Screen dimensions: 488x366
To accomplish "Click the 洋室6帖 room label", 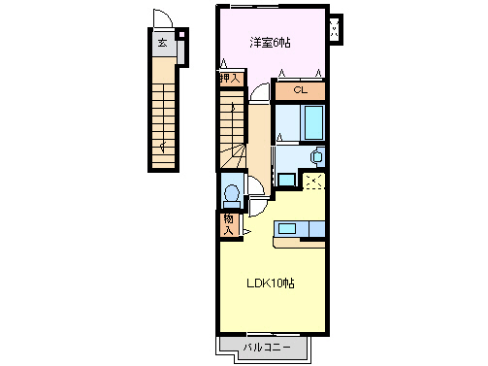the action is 270,43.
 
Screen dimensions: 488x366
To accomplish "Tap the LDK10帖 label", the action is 271,283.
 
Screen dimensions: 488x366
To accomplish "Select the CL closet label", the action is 300,90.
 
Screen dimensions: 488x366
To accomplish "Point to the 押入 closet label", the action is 230,78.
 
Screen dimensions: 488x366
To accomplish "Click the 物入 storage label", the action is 229,225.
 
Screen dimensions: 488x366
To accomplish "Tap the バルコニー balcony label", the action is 267,348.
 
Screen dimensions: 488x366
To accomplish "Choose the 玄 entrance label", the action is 162,43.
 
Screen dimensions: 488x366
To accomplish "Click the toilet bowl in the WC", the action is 232,193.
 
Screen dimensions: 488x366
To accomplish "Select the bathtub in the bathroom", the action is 312,123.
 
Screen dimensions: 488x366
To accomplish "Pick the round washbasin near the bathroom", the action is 317,156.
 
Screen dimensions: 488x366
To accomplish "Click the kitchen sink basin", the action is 287,229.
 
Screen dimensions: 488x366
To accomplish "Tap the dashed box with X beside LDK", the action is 313,182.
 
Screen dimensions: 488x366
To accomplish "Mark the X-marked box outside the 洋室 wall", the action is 336,29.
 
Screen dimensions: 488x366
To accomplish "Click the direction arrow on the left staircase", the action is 164,147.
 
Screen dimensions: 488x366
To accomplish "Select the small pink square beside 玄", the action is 182,34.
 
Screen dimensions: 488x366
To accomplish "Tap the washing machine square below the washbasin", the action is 286,180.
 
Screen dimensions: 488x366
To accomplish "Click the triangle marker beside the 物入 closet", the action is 246,232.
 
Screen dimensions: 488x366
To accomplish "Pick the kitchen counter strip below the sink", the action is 299,243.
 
